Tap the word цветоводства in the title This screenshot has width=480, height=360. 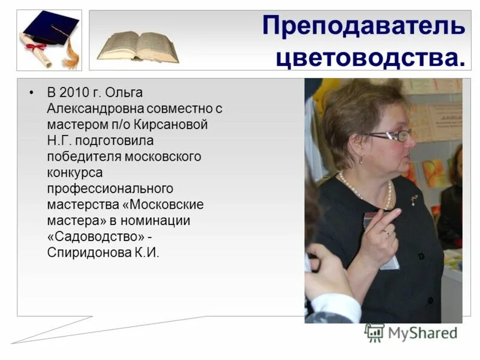coord(370,58)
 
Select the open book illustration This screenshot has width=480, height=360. coord(137,45)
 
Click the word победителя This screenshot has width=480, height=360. coord(84,157)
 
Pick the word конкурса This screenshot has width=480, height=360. coord(75,172)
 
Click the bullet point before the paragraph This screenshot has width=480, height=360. coord(32,94)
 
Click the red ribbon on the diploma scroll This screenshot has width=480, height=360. coord(37,46)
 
